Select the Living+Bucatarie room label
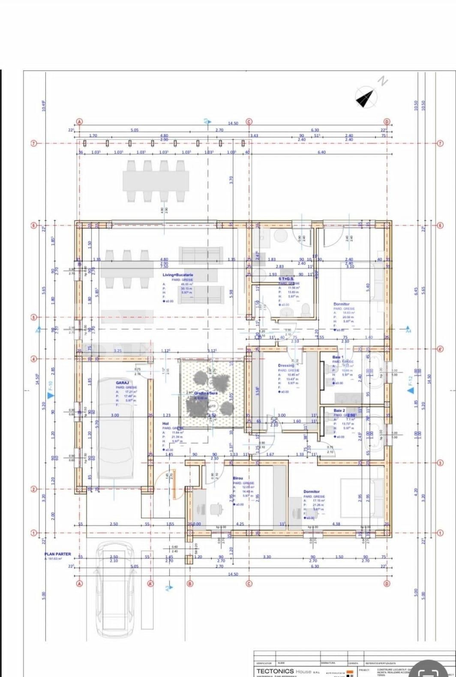tap(177, 275)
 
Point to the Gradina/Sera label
tap(206, 393)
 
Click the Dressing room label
tap(286, 365)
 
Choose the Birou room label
tap(238, 478)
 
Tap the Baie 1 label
tap(338, 357)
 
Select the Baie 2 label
tap(339, 410)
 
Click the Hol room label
tap(166, 423)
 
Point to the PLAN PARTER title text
tap(58, 554)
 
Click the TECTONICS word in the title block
tap(275, 671)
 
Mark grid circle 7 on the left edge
tap(33, 143)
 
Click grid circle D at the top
tap(387, 122)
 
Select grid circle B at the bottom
tap(190, 583)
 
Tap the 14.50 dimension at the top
tap(233, 123)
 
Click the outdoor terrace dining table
tap(156, 181)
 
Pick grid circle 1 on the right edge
tap(440, 533)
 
